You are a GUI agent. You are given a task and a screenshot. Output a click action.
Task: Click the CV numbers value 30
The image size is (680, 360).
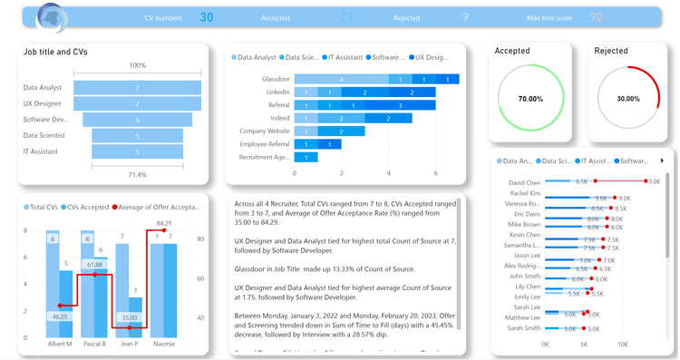click(207, 17)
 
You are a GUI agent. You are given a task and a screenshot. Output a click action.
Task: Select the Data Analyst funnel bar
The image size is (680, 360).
click(137, 88)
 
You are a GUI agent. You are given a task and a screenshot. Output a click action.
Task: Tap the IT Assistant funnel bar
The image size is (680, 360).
click(137, 151)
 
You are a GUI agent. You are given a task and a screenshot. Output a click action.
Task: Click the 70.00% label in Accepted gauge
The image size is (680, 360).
click(530, 99)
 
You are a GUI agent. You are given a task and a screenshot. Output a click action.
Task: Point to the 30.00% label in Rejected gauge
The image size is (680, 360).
click(628, 99)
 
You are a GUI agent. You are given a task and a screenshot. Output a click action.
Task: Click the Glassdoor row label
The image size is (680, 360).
click(276, 79)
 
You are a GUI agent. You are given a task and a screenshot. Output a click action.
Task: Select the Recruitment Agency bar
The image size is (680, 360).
click(306, 157)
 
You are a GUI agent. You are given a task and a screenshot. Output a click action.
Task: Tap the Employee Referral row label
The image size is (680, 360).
click(265, 144)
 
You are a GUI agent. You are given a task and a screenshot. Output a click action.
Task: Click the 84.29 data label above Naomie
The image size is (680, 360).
click(164, 223)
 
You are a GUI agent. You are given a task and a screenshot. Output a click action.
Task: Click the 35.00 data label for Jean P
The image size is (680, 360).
click(130, 318)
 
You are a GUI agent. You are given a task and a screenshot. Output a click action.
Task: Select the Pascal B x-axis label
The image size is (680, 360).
click(94, 345)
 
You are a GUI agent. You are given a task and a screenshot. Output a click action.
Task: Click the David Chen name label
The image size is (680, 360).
click(525, 182)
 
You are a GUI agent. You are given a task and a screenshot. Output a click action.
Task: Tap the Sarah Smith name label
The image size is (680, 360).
click(524, 328)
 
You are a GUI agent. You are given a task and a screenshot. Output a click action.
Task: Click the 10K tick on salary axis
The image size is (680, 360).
click(622, 345)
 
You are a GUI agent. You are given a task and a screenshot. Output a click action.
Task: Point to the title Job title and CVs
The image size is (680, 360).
click(55, 53)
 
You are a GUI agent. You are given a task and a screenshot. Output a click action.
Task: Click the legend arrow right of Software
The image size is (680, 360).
click(662, 161)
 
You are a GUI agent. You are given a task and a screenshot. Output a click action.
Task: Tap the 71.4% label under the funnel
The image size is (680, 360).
click(137, 174)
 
